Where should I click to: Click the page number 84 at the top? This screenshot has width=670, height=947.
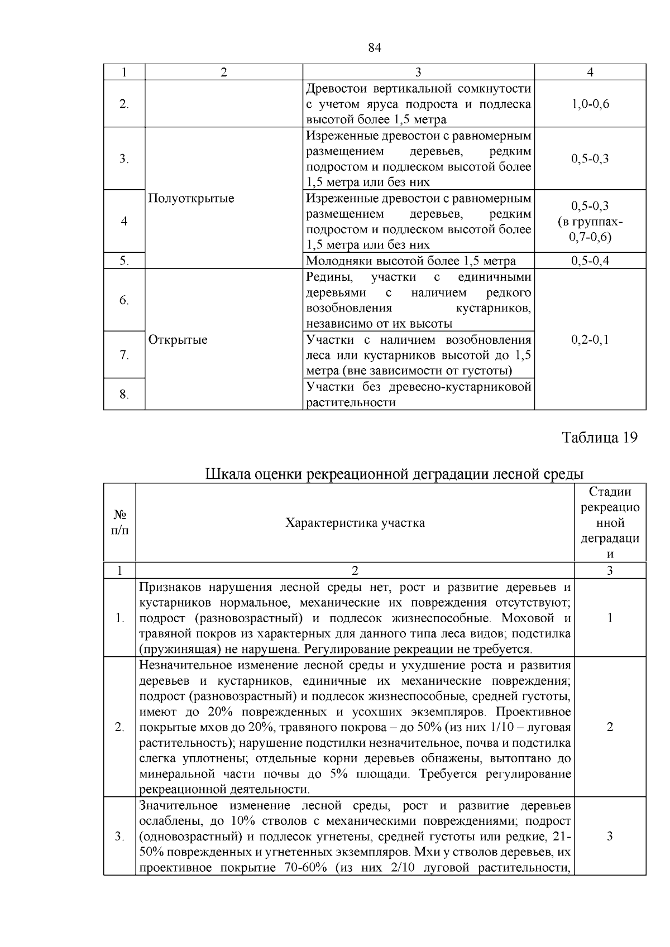[x=375, y=48]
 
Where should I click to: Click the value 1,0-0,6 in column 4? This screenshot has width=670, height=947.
[x=590, y=104]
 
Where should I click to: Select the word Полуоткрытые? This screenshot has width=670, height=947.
[x=192, y=199]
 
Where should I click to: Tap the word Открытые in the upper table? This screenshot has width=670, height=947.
[x=178, y=340]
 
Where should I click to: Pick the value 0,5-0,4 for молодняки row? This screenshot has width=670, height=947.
[x=590, y=261]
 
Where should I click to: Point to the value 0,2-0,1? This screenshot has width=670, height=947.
[x=590, y=340]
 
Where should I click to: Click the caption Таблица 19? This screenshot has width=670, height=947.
[x=599, y=437]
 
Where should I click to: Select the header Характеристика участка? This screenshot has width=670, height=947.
[x=355, y=523]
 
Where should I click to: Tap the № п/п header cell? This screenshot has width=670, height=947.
[x=119, y=523]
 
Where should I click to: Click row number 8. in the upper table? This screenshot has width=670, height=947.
[x=124, y=395]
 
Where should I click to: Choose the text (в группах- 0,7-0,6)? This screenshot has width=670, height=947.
[x=590, y=229]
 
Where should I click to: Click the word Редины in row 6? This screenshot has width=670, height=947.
[x=327, y=277]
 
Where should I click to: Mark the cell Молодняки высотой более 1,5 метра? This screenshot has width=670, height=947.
[x=411, y=261]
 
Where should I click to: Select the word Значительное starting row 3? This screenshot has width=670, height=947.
[x=178, y=806]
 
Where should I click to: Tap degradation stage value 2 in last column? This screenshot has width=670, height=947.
[x=610, y=727]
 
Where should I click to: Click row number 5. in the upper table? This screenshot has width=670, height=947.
[x=124, y=261]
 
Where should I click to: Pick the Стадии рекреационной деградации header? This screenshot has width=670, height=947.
[x=610, y=523]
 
